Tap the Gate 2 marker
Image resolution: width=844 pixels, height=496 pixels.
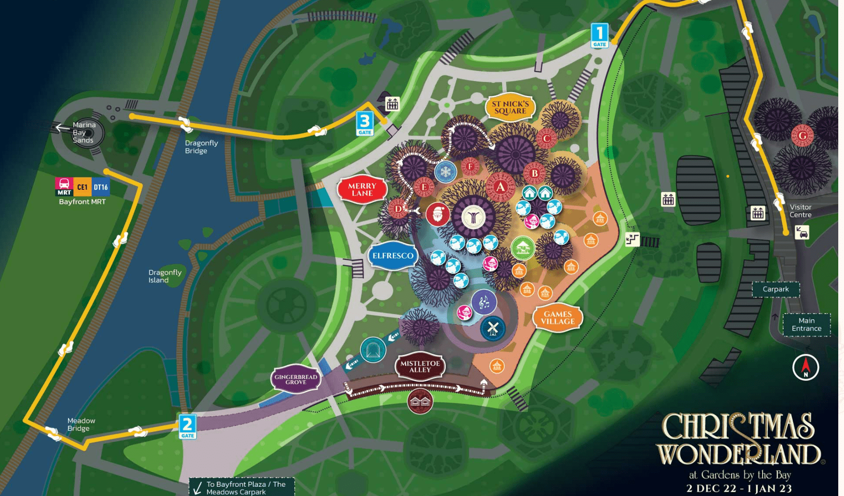[187, 427]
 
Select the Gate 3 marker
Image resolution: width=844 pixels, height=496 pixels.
[365, 124]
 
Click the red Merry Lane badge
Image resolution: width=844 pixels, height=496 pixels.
[362, 190]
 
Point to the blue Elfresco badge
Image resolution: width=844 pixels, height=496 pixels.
[393, 256]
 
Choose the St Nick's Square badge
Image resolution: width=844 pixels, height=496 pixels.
[510, 107]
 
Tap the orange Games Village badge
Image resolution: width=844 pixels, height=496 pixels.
[557, 318]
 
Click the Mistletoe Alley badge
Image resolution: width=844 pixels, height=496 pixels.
[420, 367]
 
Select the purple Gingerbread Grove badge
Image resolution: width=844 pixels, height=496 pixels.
[295, 380]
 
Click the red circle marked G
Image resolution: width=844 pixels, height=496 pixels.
[802, 136]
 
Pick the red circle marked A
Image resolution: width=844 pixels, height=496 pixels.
[500, 187]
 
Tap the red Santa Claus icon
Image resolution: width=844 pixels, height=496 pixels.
[438, 214]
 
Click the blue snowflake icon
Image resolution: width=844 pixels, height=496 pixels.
[445, 172]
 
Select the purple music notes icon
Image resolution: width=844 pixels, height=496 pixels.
[484, 302]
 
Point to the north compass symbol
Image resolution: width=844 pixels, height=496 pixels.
[805, 368]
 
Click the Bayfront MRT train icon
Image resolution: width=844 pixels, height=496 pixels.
[64, 186]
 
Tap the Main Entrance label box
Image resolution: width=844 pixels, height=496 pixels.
[806, 324]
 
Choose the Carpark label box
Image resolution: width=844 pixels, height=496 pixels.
[775, 289]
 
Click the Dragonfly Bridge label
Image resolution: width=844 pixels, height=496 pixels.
[201, 147]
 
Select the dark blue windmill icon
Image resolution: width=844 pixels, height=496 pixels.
[493, 329]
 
